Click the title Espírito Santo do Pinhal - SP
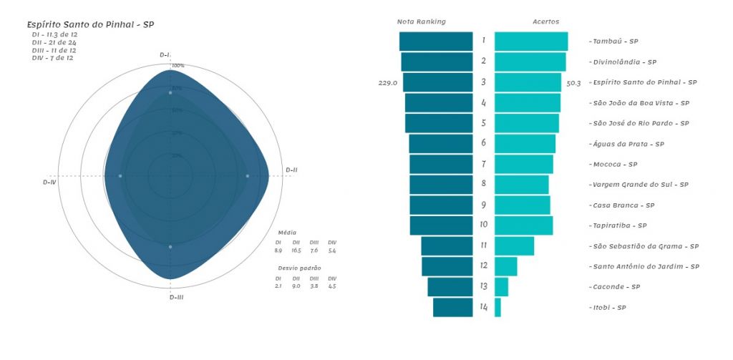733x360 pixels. (90, 24)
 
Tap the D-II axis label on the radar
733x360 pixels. (291, 170)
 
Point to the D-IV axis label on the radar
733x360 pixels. (49, 183)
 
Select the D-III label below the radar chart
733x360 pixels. (176, 296)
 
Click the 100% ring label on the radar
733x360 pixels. (178, 66)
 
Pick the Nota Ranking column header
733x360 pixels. (421, 21)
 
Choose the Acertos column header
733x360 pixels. (546, 21)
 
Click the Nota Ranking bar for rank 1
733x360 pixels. (436, 42)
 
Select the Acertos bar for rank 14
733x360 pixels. (497, 308)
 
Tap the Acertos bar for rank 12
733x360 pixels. (505, 266)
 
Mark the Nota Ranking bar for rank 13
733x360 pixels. (450, 287)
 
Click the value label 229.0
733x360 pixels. (387, 83)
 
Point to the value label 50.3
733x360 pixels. (573, 83)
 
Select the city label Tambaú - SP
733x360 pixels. (613, 42)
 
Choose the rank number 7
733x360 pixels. (484, 165)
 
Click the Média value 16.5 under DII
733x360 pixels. (296, 250)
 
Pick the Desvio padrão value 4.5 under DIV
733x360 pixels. (331, 286)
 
